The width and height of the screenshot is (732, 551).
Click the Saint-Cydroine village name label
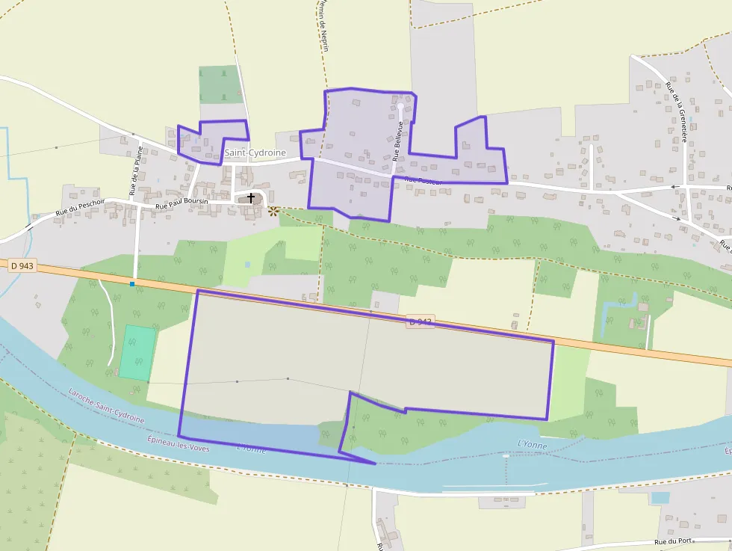point(255,153)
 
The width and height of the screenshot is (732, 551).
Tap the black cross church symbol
point(251,198)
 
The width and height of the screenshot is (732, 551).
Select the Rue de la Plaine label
point(136,170)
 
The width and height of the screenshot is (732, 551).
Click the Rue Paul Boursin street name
point(182,204)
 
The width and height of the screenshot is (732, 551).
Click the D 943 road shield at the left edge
point(22,265)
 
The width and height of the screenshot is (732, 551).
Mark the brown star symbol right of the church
point(273,212)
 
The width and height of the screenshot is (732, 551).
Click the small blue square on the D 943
point(132,284)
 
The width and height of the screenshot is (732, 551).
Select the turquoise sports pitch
point(138,352)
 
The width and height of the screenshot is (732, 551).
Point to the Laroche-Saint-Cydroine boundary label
point(106,404)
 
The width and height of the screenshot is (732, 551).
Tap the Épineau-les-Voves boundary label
point(179,443)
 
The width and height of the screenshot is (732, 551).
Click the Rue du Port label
point(673,541)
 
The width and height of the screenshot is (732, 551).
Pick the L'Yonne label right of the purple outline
point(532,446)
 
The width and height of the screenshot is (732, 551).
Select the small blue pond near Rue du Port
point(660,497)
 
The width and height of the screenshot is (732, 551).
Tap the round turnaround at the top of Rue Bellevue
point(400,107)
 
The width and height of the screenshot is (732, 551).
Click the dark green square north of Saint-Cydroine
point(221,84)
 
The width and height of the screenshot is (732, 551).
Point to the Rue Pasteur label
point(424,180)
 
